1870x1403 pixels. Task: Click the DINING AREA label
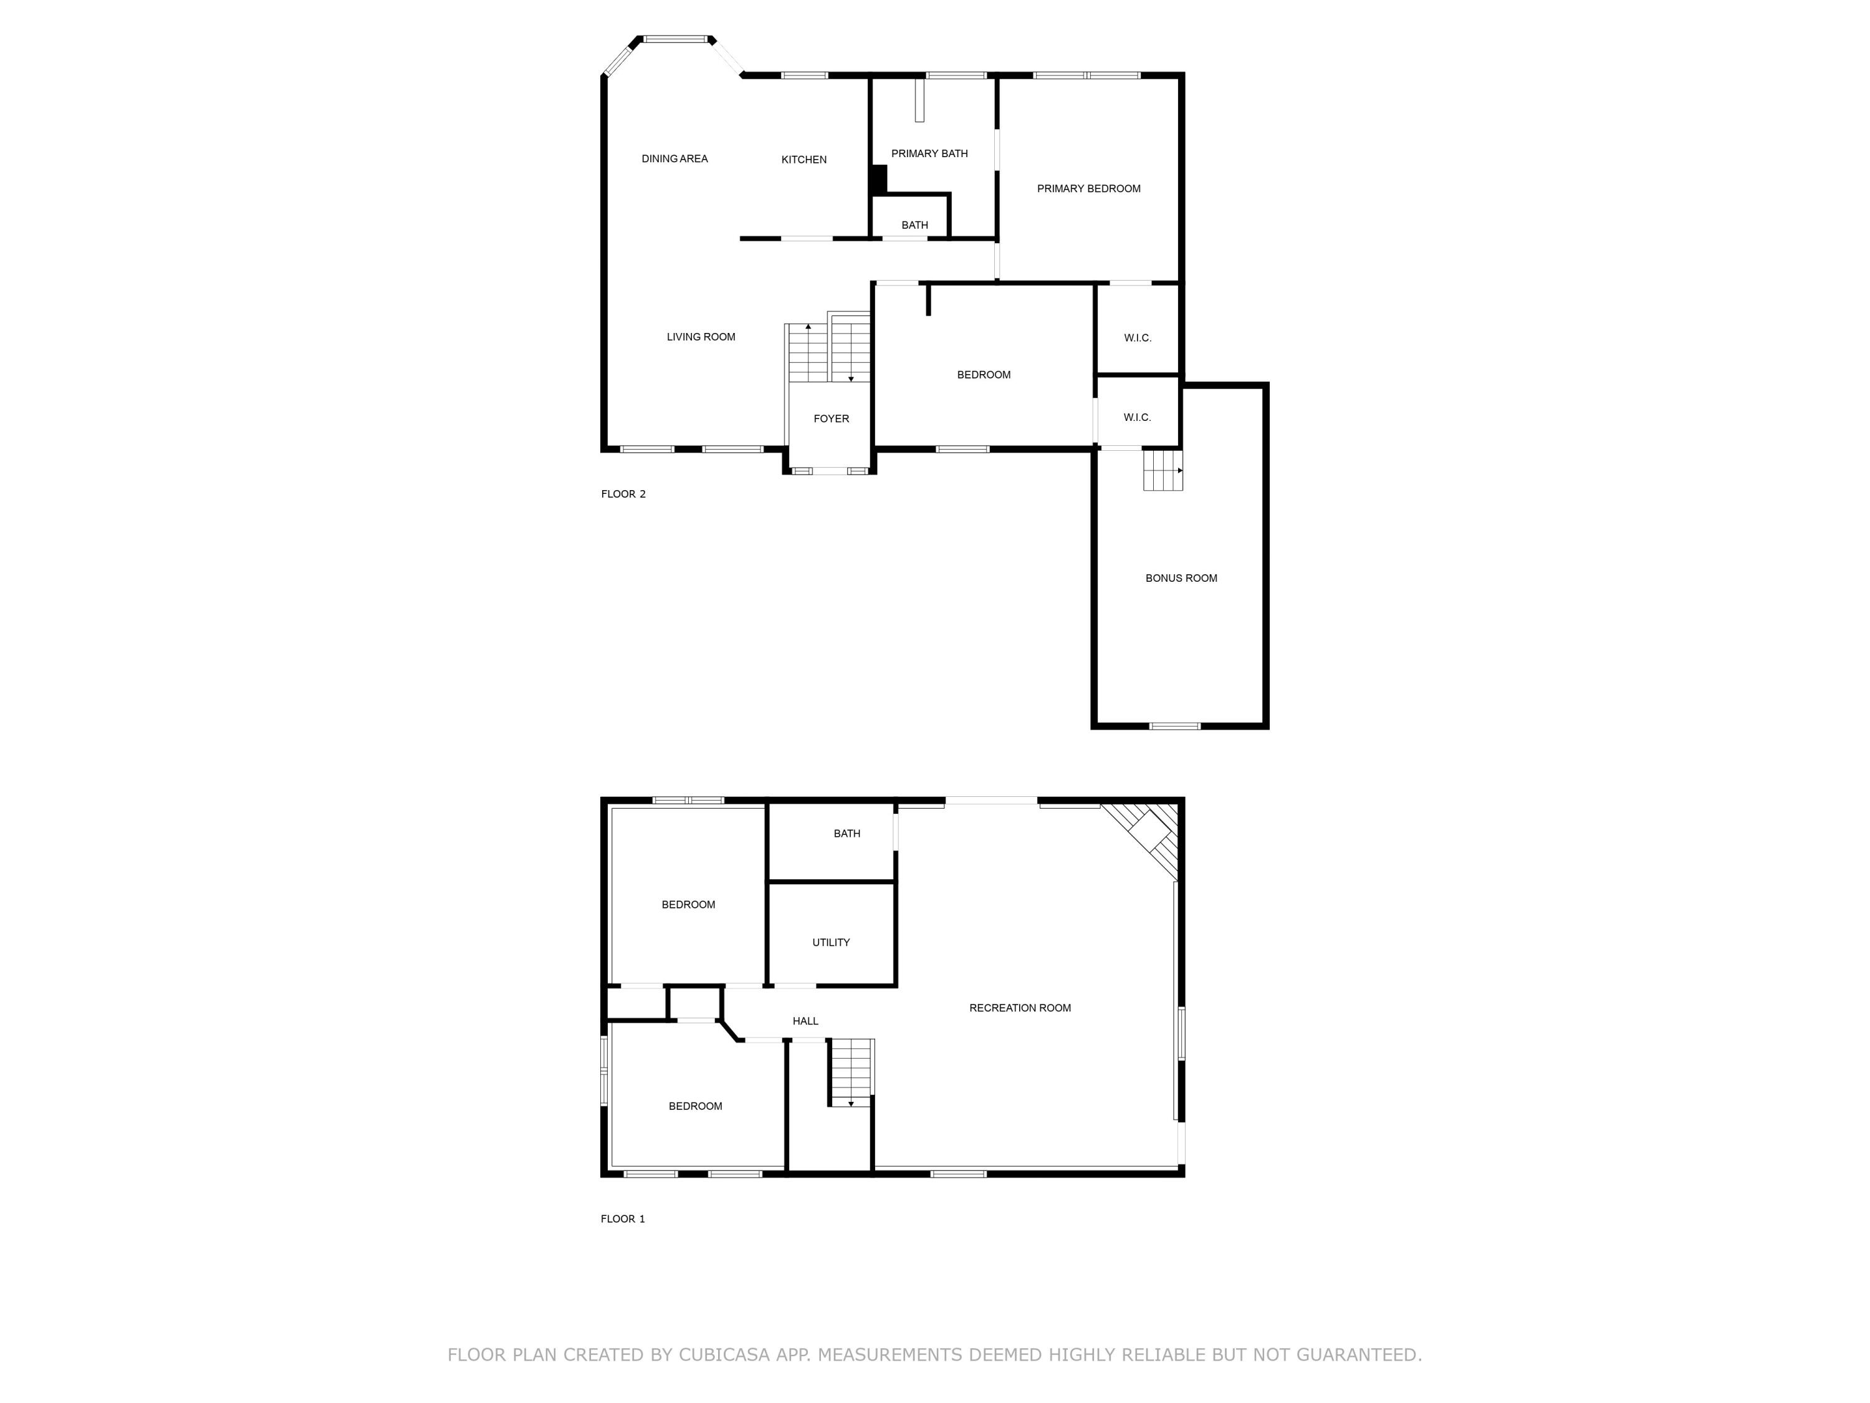(x=674, y=159)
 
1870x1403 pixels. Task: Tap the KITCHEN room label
(x=803, y=160)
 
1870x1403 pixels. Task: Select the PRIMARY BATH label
(x=929, y=154)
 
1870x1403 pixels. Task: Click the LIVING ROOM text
(x=700, y=337)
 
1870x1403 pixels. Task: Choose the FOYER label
(x=830, y=418)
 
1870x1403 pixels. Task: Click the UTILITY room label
(x=830, y=942)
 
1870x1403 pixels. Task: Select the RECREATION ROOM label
(x=1020, y=1008)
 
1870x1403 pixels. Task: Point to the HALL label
(x=805, y=1021)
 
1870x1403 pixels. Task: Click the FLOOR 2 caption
(x=623, y=494)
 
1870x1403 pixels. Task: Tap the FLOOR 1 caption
(x=622, y=1218)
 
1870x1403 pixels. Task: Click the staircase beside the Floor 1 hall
(x=850, y=1073)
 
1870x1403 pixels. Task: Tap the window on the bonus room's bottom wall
(x=1174, y=726)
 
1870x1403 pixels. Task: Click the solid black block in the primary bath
(x=878, y=180)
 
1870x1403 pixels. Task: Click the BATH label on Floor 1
(x=846, y=834)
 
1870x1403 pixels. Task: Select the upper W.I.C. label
(x=1137, y=338)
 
